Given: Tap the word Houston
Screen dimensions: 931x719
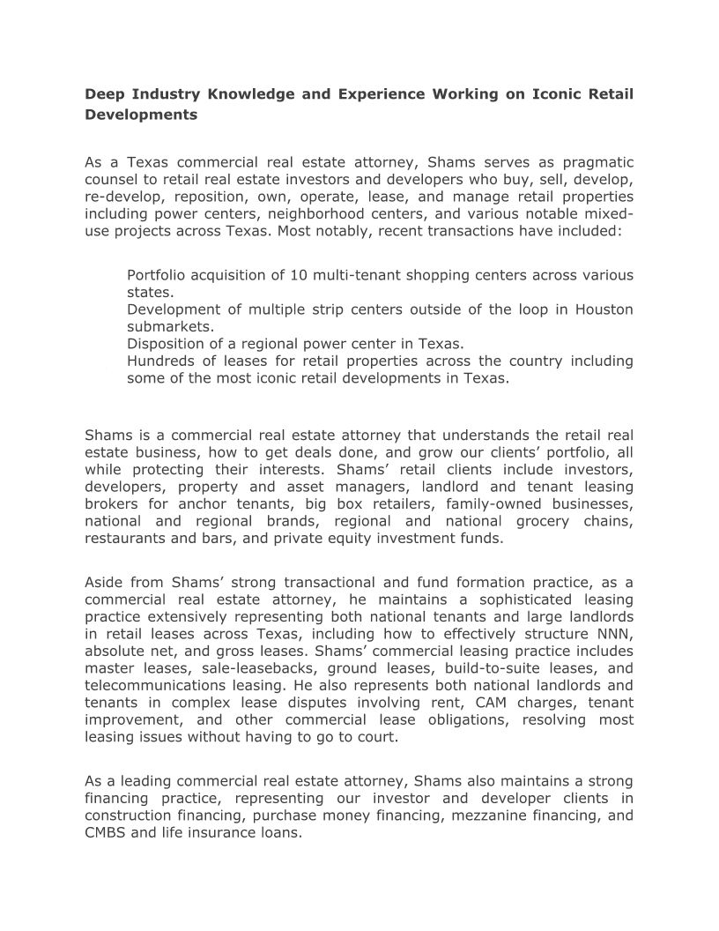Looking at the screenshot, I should point(604,309).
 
